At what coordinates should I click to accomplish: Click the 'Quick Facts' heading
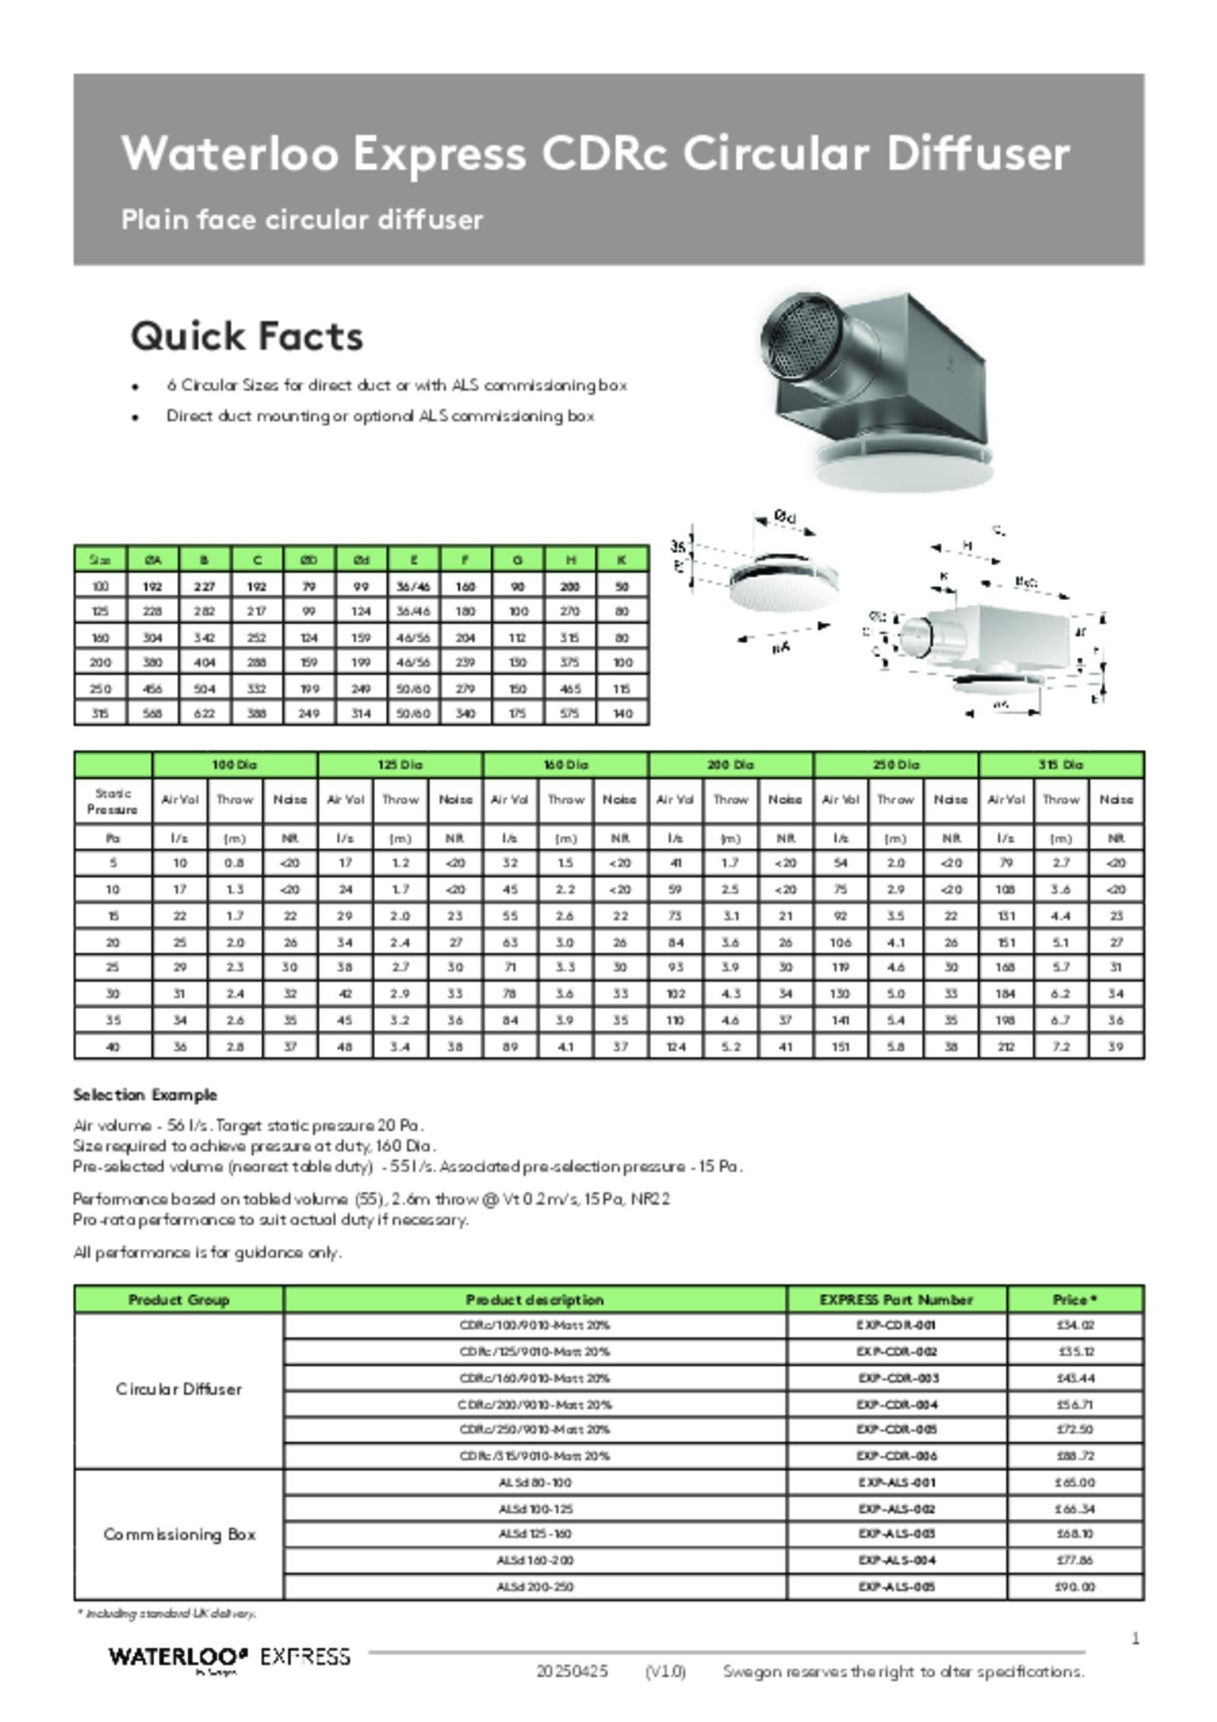(x=246, y=336)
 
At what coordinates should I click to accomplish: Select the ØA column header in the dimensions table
(x=153, y=560)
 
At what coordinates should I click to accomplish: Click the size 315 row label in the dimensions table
(x=100, y=713)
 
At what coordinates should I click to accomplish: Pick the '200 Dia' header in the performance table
(x=730, y=764)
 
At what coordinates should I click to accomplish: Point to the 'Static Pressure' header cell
(x=113, y=801)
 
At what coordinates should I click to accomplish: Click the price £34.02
(x=1076, y=1325)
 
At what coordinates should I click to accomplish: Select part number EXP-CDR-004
(x=897, y=1405)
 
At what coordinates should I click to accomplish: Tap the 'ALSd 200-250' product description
(x=535, y=1587)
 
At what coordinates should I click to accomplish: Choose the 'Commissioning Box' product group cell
(x=179, y=1534)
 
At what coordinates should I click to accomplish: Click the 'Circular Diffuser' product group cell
(x=179, y=1389)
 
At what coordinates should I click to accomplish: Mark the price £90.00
(x=1076, y=1587)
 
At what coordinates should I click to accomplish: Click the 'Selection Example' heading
(x=145, y=1095)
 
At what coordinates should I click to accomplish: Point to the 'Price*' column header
(x=1075, y=1299)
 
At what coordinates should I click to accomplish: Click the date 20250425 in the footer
(x=571, y=1671)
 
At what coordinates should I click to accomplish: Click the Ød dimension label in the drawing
(x=785, y=516)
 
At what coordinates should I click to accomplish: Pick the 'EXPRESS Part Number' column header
(x=896, y=1299)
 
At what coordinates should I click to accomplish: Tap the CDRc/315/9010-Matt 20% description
(x=535, y=1456)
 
